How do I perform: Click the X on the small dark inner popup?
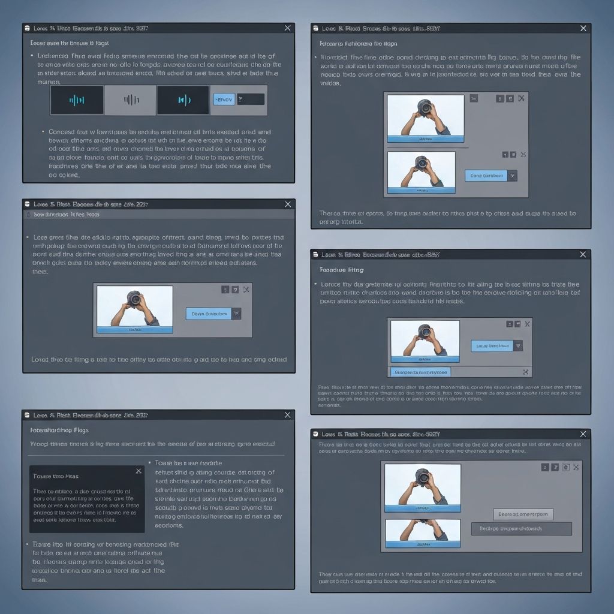click(x=139, y=471)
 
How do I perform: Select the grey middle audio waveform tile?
click(x=130, y=100)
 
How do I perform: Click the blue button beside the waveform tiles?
click(x=223, y=100)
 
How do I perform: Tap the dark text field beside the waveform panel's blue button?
click(x=250, y=100)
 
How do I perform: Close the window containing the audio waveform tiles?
click(x=287, y=28)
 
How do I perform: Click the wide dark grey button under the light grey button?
click(x=522, y=528)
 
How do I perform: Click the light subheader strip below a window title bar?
click(x=158, y=214)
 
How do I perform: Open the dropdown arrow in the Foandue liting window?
click(x=518, y=345)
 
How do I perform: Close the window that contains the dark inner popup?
click(x=287, y=414)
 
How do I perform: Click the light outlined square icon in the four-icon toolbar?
click(x=565, y=466)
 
